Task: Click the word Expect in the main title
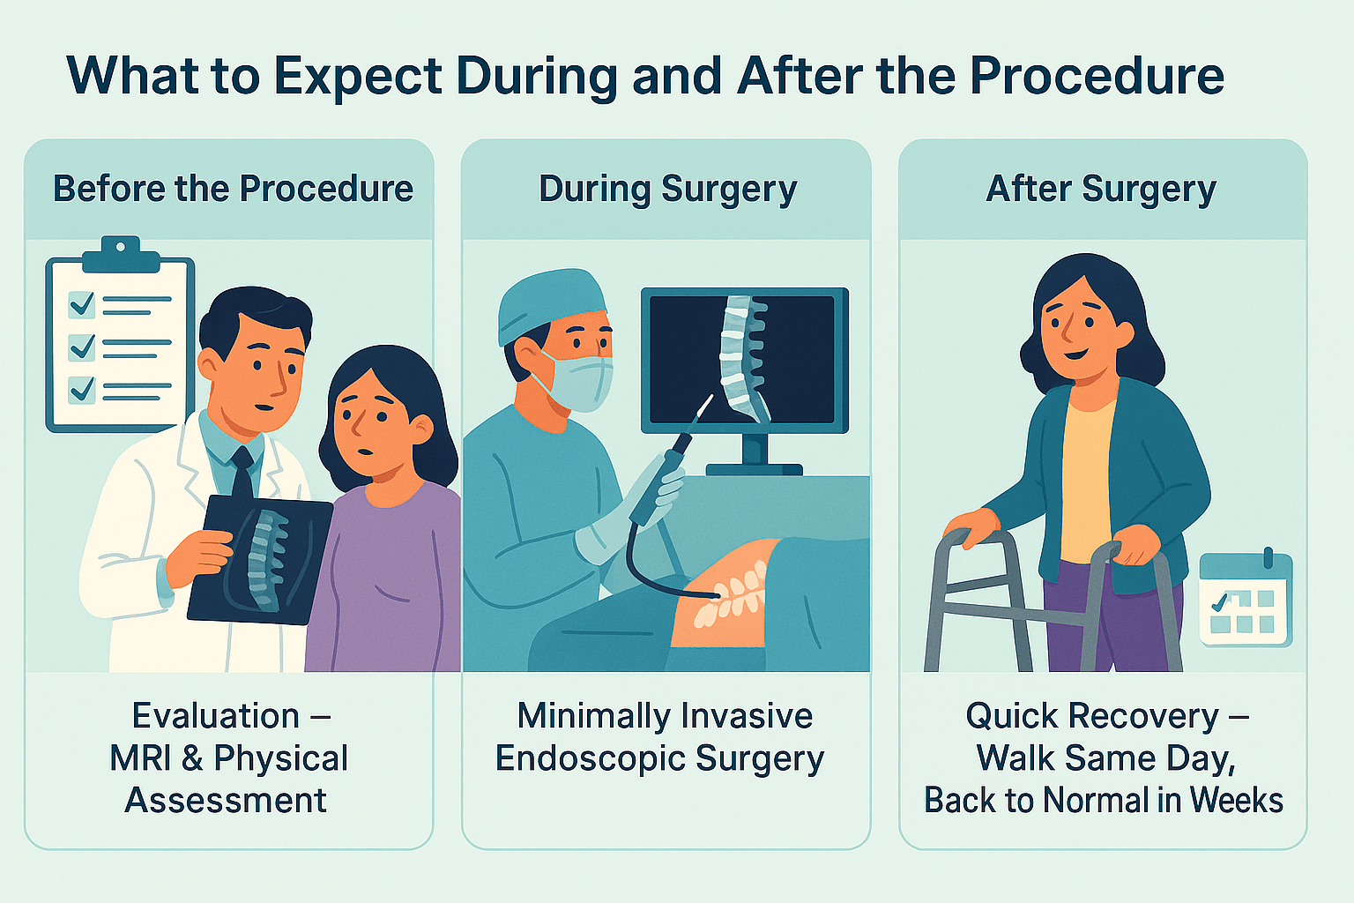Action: [357, 77]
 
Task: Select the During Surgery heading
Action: [667, 190]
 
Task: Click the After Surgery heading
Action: [1101, 190]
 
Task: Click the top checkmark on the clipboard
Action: [82, 303]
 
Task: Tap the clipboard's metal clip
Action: [120, 254]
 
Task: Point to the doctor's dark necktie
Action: [242, 474]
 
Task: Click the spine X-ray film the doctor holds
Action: [260, 559]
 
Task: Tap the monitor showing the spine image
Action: [745, 361]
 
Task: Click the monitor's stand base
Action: [754, 469]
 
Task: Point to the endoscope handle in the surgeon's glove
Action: [658, 478]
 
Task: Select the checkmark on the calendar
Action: [1220, 602]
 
